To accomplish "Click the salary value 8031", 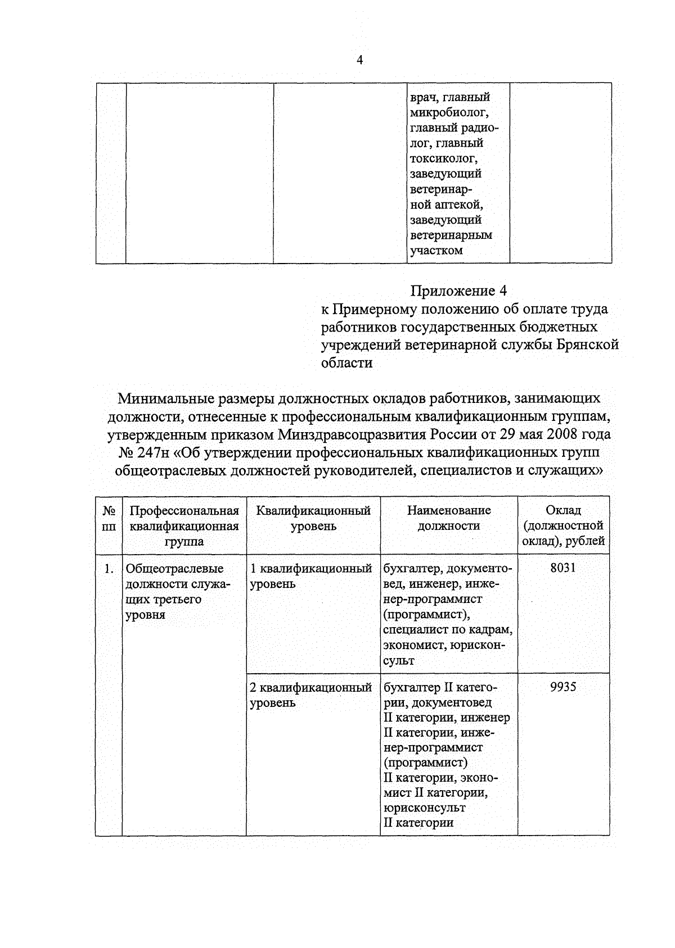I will coord(563,568).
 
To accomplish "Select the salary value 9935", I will coord(563,687).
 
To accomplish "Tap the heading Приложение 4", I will coord(458,291).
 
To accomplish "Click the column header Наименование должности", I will coord(448,518).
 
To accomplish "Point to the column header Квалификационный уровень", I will coord(313,518).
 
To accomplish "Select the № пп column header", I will coord(109,518).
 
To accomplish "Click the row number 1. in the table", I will coord(110,569).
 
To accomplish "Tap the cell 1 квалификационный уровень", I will coord(310,576).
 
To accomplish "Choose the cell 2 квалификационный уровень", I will coord(310,695).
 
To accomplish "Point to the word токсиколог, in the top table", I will coord(444,158).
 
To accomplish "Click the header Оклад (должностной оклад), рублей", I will coord(563,526).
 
